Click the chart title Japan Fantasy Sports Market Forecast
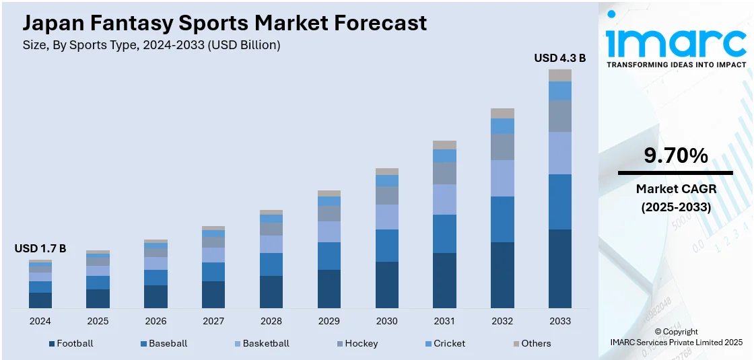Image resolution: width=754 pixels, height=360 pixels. tap(225, 23)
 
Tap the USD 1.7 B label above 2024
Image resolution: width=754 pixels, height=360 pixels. tap(40, 249)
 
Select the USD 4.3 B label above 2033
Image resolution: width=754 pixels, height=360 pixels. tap(559, 59)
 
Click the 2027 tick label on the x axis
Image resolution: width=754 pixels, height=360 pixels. tap(213, 321)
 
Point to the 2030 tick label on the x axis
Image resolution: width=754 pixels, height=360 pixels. tap(386, 321)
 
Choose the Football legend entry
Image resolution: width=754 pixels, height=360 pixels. tap(71, 343)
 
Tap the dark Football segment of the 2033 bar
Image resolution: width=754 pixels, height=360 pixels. tap(559, 268)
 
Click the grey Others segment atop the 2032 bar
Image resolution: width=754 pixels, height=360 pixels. tap(502, 113)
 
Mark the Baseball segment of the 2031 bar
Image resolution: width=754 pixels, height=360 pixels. tap(444, 233)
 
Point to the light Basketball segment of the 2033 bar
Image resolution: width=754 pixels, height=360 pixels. tap(559, 153)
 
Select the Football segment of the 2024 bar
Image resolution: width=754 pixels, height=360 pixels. tap(40, 300)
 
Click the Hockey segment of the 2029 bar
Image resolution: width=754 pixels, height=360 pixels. tap(329, 213)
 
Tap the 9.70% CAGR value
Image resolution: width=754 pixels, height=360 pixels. tap(675, 156)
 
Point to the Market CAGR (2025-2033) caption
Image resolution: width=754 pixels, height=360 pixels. tap(675, 198)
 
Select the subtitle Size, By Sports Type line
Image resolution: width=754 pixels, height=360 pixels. tap(151, 45)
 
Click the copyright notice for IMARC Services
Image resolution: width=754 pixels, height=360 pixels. tap(675, 337)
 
